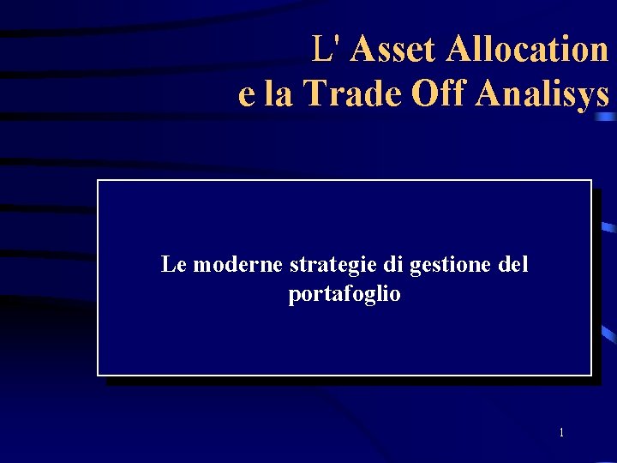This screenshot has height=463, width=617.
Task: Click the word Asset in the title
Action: click(x=394, y=50)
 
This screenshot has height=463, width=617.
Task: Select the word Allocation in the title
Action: click(x=527, y=50)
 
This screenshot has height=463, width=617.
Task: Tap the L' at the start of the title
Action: click(x=329, y=50)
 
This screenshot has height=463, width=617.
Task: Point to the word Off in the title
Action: click(x=437, y=93)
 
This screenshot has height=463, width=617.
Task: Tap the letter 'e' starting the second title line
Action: click(x=247, y=95)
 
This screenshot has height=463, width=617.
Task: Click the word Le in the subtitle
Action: click(x=173, y=265)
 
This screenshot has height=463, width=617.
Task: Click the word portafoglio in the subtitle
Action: click(x=344, y=295)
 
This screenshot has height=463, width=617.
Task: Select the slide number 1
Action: click(x=561, y=432)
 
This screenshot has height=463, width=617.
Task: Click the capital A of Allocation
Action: click(x=458, y=50)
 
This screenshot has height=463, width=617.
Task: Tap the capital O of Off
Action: click(x=424, y=93)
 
